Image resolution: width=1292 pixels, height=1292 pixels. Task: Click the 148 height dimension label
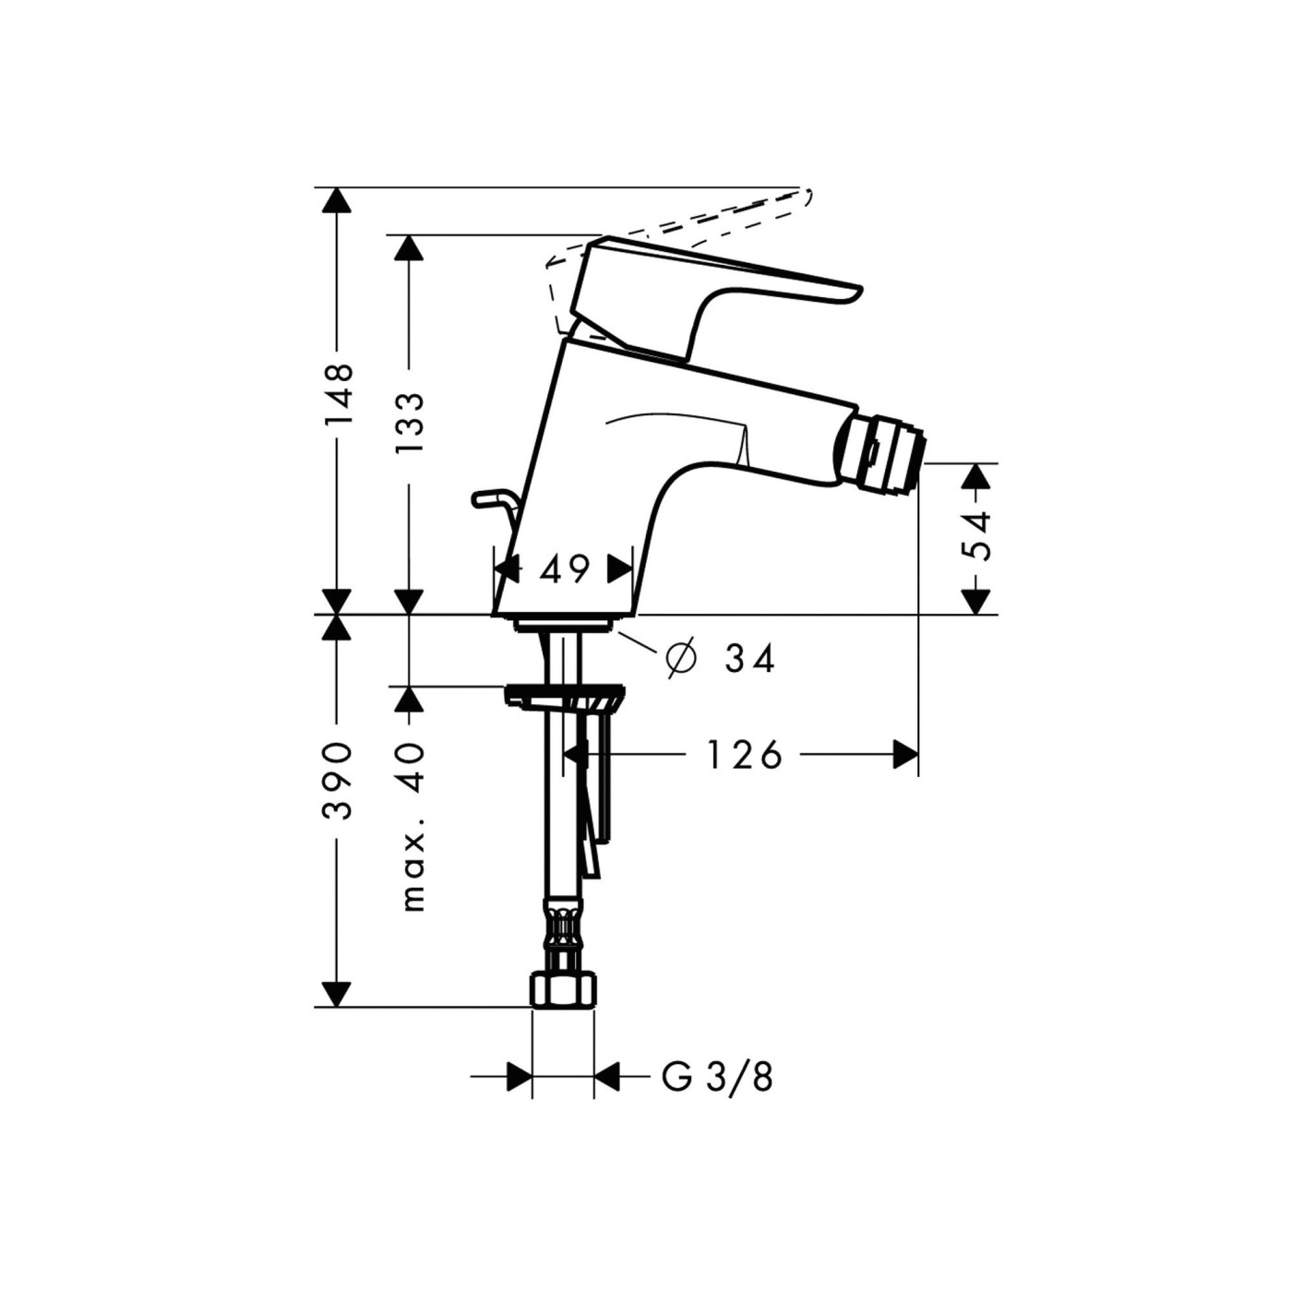pos(338,394)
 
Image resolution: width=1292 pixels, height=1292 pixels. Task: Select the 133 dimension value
pos(409,422)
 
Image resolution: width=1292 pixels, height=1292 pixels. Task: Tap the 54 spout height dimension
pos(975,534)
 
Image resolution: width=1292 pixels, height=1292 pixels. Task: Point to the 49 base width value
pos(564,569)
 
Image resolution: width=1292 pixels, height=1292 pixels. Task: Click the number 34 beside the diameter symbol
pos(749,659)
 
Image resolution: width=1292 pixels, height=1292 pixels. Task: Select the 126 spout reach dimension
pos(744,755)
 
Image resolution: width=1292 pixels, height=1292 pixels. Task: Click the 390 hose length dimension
pos(338,780)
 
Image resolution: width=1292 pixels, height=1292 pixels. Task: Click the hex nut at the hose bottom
pos(563,990)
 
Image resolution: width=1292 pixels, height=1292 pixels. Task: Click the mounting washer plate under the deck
pos(565,694)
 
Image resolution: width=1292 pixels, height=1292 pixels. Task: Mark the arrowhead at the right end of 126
pos(905,755)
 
